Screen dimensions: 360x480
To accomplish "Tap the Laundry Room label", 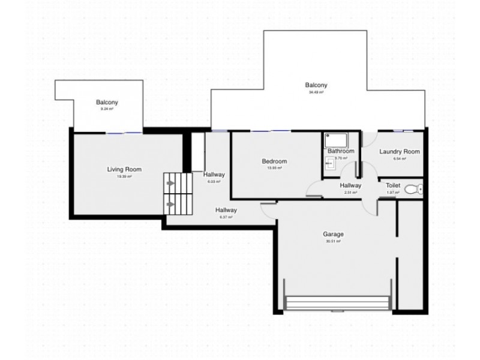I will (x=399, y=152).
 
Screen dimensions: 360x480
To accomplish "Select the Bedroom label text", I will (x=274, y=161).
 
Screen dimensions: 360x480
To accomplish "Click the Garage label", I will (x=333, y=234).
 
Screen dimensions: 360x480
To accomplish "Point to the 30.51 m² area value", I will (x=333, y=241).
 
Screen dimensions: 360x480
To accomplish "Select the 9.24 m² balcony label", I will (x=107, y=109).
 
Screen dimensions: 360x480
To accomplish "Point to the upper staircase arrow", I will (x=171, y=181).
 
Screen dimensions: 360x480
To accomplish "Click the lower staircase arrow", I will (x=171, y=204).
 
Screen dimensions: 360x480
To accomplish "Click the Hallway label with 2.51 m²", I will (x=350, y=186).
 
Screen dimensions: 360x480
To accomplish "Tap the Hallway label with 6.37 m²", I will (x=226, y=210).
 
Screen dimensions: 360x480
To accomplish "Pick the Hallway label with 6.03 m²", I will (x=214, y=175).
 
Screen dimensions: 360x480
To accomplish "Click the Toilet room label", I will (x=393, y=186).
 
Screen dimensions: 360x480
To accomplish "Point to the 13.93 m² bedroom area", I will (x=274, y=168).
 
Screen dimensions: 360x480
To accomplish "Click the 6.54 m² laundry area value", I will (x=399, y=159).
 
